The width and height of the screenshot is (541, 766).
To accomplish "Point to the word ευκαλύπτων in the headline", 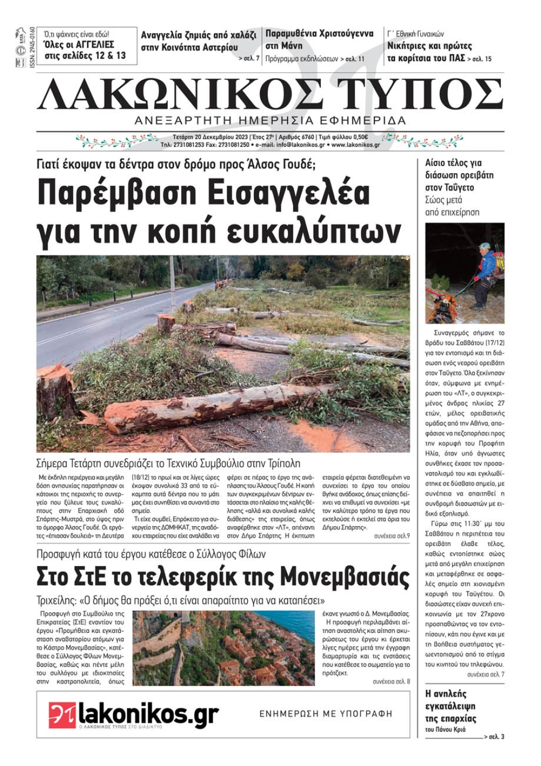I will pos(314,231).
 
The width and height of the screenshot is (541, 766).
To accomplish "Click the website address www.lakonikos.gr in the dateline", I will pos(355,145).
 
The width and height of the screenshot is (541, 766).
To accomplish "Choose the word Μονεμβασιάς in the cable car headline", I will pos(352,577).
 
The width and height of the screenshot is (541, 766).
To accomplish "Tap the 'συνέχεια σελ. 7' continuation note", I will pos(485,675).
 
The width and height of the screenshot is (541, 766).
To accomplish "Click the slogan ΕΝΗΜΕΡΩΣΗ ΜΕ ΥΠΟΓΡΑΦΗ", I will pos(326,714).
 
